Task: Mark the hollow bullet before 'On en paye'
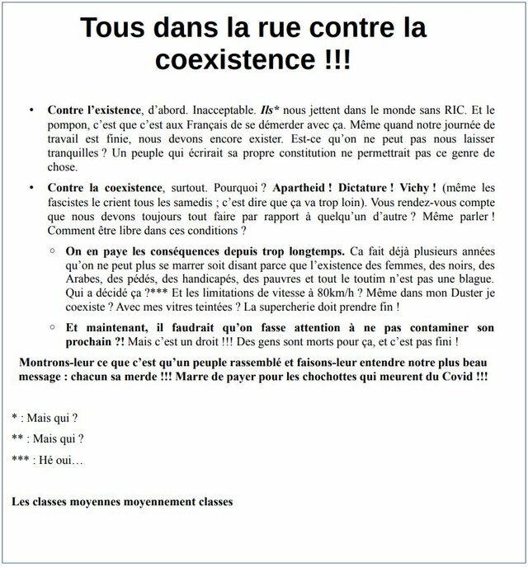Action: point(52,250)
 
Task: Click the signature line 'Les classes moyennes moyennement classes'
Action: point(123,500)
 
